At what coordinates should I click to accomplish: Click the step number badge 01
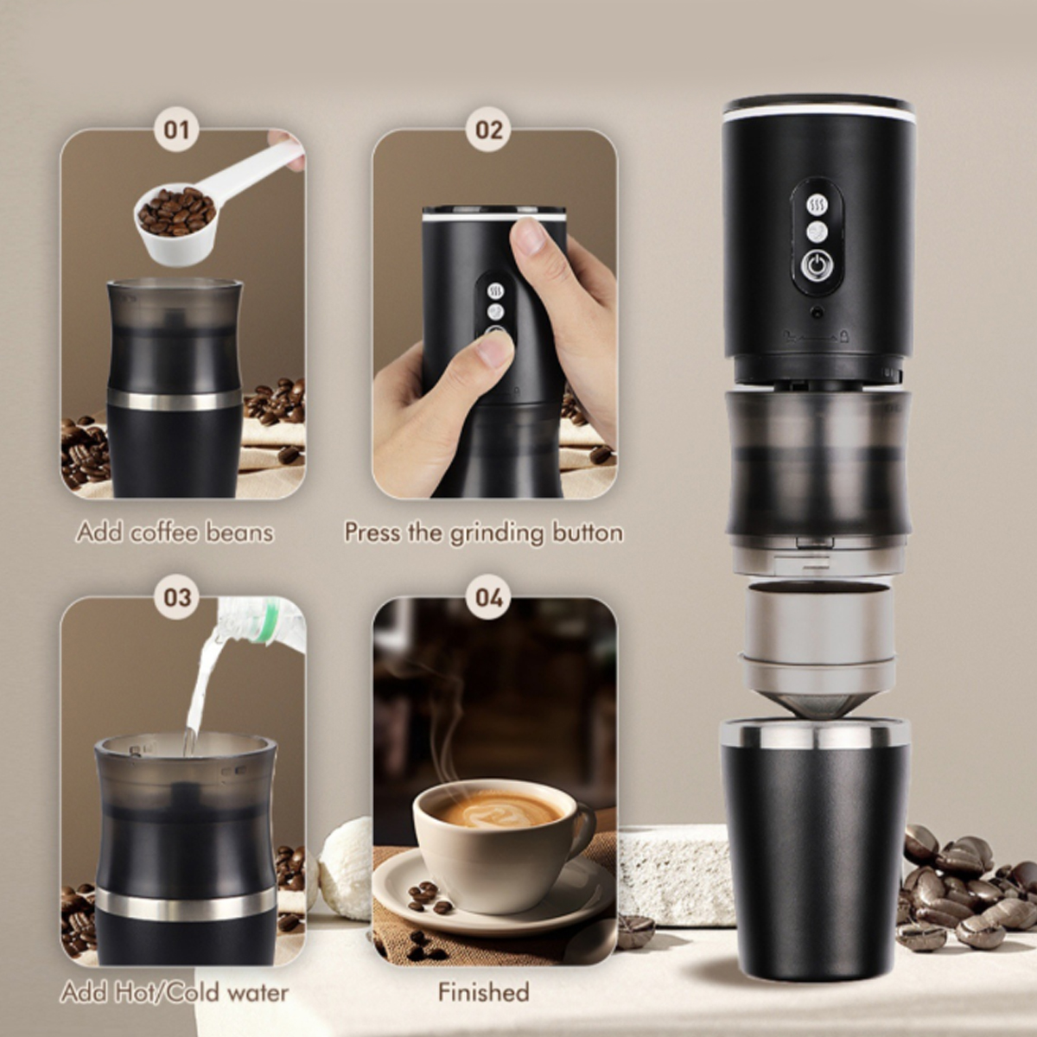(x=177, y=130)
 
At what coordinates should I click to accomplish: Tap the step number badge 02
(x=488, y=130)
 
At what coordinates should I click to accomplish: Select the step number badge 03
(x=177, y=598)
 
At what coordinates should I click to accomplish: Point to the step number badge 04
(x=488, y=598)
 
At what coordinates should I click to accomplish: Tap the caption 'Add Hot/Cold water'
(x=175, y=992)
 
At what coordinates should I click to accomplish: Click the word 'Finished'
(x=484, y=992)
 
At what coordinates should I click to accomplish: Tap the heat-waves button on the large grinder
(x=816, y=205)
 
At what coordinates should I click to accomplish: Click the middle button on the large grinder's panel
(x=816, y=232)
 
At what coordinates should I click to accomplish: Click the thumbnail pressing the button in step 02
(x=494, y=349)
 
